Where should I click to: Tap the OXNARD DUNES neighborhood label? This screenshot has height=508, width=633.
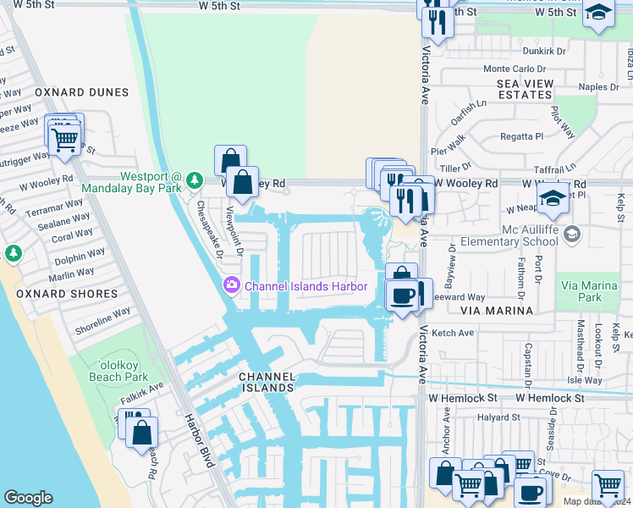point(81,92)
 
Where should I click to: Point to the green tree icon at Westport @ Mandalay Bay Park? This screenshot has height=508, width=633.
point(195,180)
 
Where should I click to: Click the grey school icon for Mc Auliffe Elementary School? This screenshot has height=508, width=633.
point(572,233)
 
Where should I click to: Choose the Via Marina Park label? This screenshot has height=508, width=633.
point(591,291)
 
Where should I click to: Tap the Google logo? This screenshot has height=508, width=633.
point(28,498)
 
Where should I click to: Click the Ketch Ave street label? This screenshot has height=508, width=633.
point(453,333)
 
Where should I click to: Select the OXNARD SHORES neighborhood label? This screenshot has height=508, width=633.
point(67,294)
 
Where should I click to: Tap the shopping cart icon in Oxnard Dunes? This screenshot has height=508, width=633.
point(66,141)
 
